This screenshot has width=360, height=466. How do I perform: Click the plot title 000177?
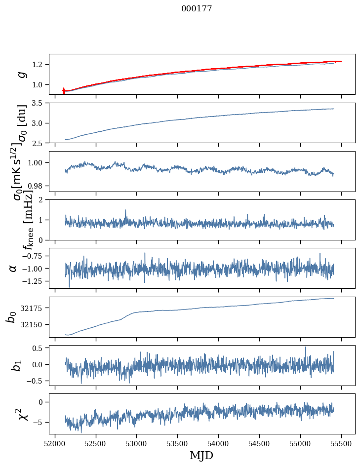(197, 9)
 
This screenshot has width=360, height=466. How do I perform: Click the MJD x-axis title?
(201, 455)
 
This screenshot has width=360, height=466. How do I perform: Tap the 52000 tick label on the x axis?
(55, 443)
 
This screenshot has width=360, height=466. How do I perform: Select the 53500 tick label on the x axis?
(177, 443)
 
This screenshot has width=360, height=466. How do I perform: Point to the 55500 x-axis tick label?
(341, 443)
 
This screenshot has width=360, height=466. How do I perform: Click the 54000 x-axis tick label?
(218, 443)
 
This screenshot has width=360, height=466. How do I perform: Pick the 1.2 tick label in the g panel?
(38, 65)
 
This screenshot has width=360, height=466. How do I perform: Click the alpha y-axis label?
(13, 268)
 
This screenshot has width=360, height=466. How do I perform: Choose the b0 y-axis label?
(11, 317)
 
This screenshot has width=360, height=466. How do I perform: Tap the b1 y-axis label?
(17, 365)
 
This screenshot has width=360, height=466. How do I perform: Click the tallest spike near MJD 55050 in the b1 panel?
(305, 348)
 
